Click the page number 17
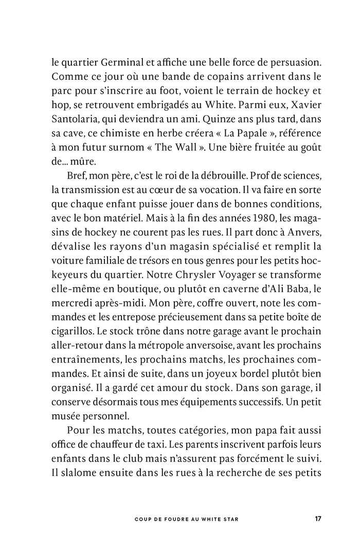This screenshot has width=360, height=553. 318,519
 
